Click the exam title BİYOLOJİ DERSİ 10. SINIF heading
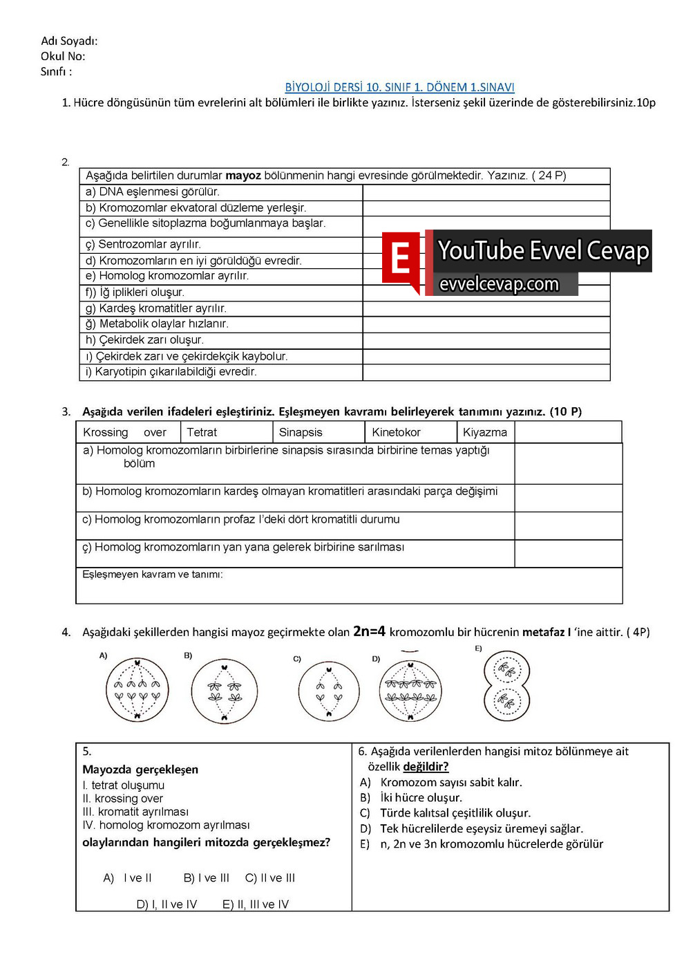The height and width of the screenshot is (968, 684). pyautogui.click(x=399, y=87)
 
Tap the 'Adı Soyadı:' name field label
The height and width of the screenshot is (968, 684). pyautogui.click(x=69, y=41)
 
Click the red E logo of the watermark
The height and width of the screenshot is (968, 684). pyautogui.click(x=401, y=260)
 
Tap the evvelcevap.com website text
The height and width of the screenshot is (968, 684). pyautogui.click(x=499, y=284)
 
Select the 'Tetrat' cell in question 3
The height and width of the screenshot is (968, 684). pyautogui.click(x=202, y=432)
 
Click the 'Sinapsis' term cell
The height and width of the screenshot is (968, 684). pyautogui.click(x=301, y=432)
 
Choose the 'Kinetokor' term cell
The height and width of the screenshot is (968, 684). pyautogui.click(x=396, y=432)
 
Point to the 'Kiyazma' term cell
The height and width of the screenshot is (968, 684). pyautogui.click(x=484, y=432)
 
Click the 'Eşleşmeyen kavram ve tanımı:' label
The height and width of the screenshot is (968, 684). pyautogui.click(x=153, y=575)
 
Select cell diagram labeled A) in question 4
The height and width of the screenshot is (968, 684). pyautogui.click(x=137, y=690)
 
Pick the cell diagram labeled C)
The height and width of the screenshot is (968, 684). pyautogui.click(x=328, y=691)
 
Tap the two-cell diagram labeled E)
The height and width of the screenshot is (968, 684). pyautogui.click(x=506, y=686)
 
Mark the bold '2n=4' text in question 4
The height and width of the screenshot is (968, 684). pyautogui.click(x=369, y=631)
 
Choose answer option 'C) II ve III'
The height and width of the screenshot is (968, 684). pyautogui.click(x=270, y=878)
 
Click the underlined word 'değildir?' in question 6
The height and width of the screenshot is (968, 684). pyautogui.click(x=426, y=767)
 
